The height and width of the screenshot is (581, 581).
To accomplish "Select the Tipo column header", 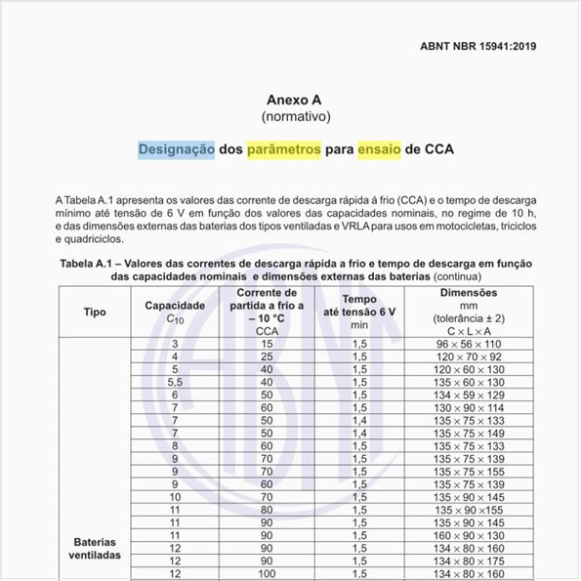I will click(x=96, y=311).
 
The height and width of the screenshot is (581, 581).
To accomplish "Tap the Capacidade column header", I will click(x=175, y=306).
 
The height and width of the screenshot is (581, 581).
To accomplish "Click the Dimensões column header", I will click(x=469, y=293).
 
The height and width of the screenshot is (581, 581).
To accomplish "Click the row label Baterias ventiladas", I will click(x=96, y=548).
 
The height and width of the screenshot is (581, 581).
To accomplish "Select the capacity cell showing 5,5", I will click(x=175, y=382).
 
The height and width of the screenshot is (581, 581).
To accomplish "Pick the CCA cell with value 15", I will click(x=266, y=344).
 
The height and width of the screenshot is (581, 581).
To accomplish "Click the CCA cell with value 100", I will click(x=266, y=573).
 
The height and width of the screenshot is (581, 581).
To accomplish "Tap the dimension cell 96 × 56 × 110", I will click(x=469, y=344).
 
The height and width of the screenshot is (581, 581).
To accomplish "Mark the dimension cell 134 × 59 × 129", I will click(x=469, y=394).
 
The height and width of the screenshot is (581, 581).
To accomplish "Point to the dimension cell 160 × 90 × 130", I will click(x=469, y=535).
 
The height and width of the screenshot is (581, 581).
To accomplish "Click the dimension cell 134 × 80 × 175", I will click(x=469, y=560).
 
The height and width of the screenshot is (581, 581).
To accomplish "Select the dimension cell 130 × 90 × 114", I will click(x=469, y=407).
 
